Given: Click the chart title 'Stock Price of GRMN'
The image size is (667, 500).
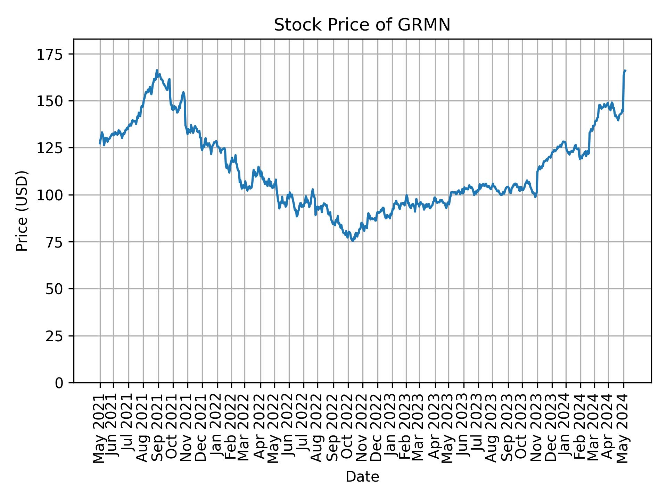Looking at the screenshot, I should pyautogui.click(x=362, y=25).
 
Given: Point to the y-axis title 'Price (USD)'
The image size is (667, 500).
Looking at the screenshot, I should pyautogui.click(x=22, y=211).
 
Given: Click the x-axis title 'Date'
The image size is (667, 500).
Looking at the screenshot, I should pyautogui.click(x=362, y=477).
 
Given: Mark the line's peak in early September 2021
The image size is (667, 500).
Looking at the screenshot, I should pyautogui.click(x=157, y=70).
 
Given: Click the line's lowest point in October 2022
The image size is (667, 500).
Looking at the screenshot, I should pyautogui.click(x=353, y=241).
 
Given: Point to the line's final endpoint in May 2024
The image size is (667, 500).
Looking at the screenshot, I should pyautogui.click(x=625, y=70).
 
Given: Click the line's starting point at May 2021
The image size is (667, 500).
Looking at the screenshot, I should pyautogui.click(x=100, y=143).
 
